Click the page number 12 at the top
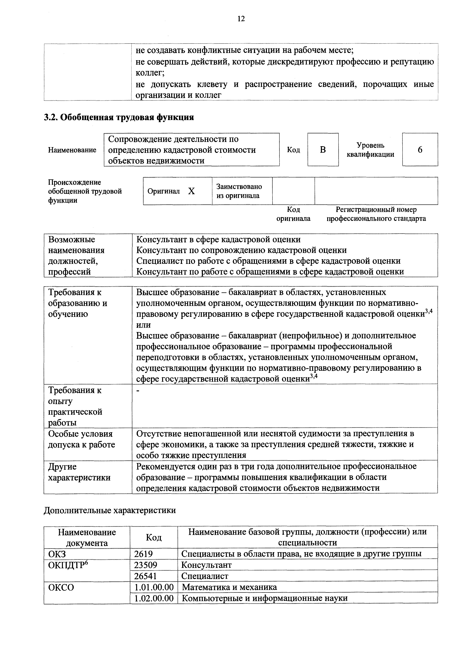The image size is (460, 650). click(241, 19)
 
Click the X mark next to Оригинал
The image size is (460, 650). click(192, 191)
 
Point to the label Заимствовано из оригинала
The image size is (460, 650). click(239, 191)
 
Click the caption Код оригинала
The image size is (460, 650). click(293, 214)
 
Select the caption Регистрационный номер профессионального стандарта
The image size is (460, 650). click(376, 214)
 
